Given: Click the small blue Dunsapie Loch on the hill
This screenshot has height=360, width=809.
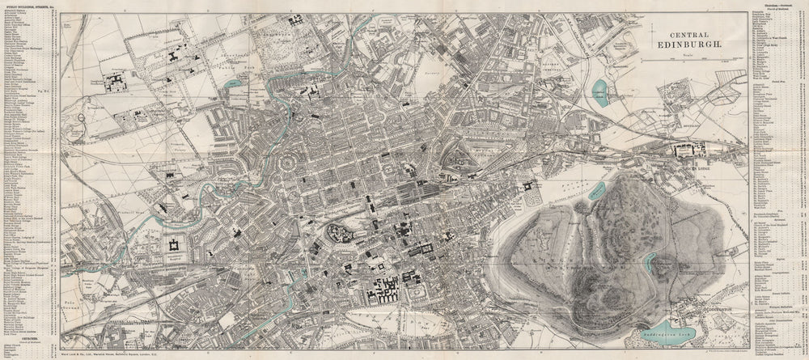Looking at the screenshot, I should point(649,260).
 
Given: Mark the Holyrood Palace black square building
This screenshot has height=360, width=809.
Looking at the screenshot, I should point(530,186).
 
